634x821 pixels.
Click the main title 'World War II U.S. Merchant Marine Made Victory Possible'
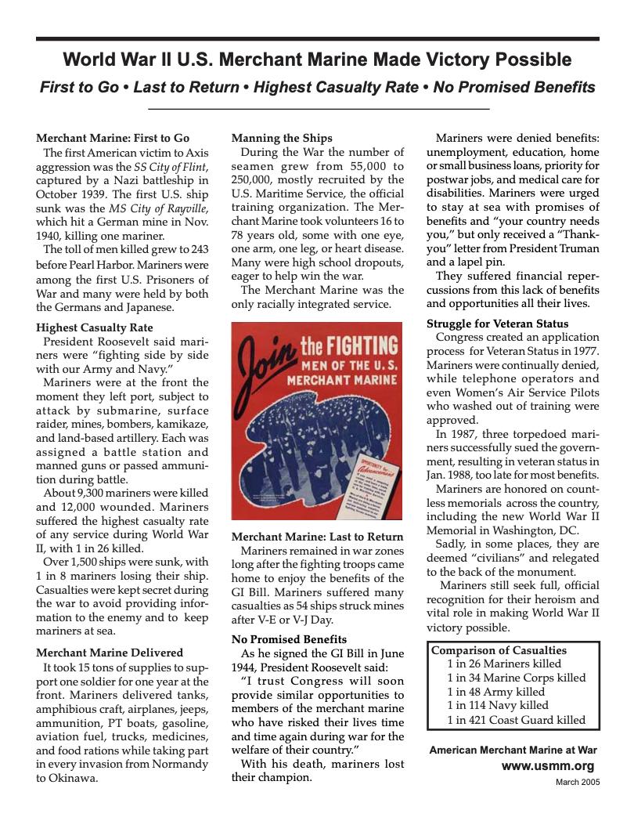click(317, 60)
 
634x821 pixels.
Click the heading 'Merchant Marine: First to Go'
click(113, 138)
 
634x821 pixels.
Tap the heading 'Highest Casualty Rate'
click(95, 327)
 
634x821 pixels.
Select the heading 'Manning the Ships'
click(282, 138)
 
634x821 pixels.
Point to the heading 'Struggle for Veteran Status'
click(497, 324)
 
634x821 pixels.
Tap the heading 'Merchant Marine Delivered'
click(110, 653)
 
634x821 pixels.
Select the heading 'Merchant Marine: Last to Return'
click(317, 537)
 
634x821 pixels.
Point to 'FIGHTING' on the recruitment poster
click(349, 345)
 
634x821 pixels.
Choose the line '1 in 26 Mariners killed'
click(503, 664)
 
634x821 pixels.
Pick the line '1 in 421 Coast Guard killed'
click(516, 720)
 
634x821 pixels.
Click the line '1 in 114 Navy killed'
click(497, 706)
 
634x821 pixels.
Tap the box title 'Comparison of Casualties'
click(499, 650)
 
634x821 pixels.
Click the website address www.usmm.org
click(547, 766)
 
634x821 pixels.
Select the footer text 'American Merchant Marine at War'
click(513, 750)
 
